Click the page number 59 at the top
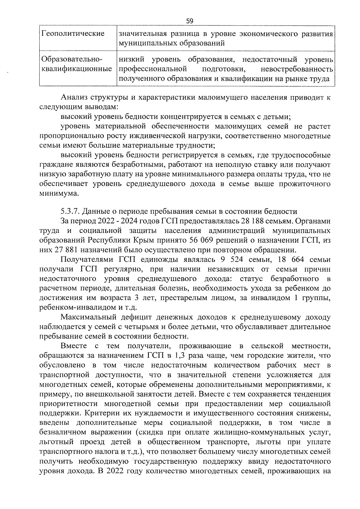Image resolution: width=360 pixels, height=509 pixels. click(x=190, y=21)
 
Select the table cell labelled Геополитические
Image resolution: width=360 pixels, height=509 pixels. click(x=73, y=33)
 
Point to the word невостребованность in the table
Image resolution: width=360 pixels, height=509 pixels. click(x=297, y=69)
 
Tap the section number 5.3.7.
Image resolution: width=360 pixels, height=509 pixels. click(x=70, y=212)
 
